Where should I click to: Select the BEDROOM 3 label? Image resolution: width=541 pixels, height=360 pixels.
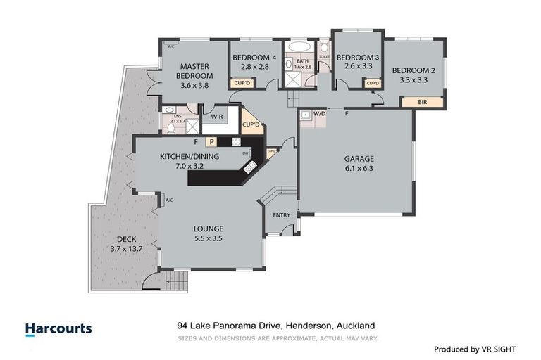(x=357, y=57)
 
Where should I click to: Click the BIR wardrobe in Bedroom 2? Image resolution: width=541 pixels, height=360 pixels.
(x=422, y=102)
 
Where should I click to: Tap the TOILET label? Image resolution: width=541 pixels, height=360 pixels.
(x=324, y=56)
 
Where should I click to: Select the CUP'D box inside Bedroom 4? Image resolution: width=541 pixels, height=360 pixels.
(x=241, y=83)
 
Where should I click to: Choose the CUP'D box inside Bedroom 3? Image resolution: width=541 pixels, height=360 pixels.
(x=373, y=83)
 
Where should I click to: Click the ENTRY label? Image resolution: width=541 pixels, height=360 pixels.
(x=281, y=216)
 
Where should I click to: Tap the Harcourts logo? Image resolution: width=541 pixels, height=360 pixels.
(x=58, y=328)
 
